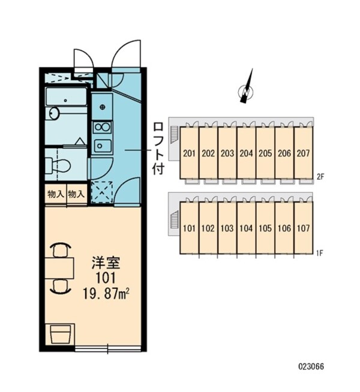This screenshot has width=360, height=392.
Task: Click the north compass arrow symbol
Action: (247, 88)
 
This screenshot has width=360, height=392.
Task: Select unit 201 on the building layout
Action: (189, 153)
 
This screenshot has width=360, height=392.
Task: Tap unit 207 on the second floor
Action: (304, 153)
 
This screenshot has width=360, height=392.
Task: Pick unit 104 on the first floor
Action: (247, 228)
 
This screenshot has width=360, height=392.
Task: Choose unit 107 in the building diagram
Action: (304, 228)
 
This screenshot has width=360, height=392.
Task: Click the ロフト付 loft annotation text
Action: (158, 147)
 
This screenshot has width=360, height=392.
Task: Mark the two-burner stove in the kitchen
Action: (102, 127)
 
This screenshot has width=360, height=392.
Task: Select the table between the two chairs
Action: (58, 268)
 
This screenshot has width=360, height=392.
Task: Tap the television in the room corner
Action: (59, 334)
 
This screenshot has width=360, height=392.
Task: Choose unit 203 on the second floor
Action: (227, 153)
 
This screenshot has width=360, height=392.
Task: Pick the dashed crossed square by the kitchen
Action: (103, 192)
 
